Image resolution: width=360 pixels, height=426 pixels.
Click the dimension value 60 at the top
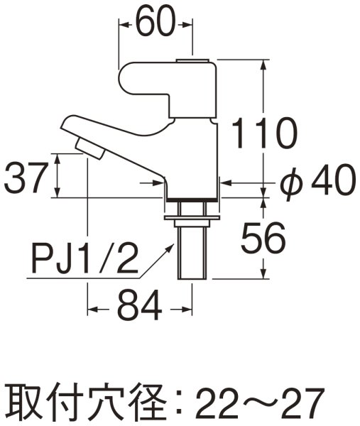155,25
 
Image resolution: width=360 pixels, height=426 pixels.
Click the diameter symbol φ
288,184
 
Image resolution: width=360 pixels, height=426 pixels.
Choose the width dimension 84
139,310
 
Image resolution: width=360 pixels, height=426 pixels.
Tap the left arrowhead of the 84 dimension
91,310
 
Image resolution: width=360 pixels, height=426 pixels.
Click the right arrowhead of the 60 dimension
190,25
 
